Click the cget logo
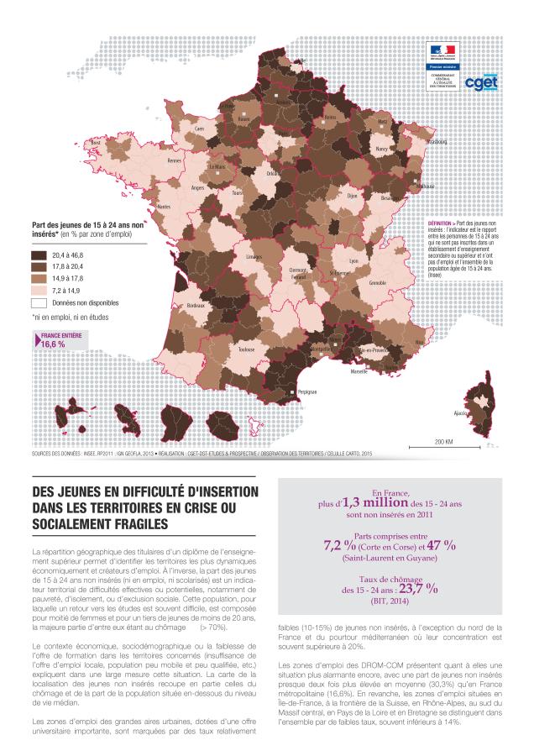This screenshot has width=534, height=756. coord(483,82)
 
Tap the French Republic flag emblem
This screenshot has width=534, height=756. coord(440,50)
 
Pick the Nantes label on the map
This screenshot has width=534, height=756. coord(163,206)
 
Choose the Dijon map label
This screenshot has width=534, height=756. coord(352,196)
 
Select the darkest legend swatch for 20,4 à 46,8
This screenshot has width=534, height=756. coord(39,255)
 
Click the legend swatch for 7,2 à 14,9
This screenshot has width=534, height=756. coord(39,289)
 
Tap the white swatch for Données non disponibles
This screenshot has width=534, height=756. coord(39,301)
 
